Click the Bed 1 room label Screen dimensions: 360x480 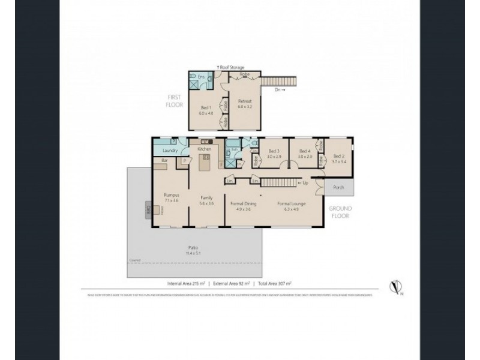[205, 107]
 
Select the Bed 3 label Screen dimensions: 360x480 [274, 151]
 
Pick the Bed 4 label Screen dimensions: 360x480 [305, 151]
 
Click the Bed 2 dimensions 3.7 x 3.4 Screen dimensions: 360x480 [340, 161]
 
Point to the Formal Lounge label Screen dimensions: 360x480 [291, 203]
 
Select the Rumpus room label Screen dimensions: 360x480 [172, 194]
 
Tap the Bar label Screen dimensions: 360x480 [164, 161]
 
